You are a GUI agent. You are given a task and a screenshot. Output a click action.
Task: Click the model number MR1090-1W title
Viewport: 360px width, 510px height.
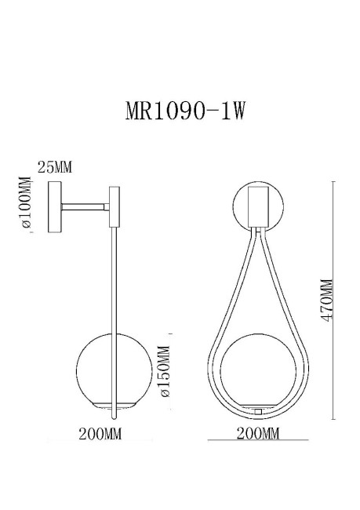click(186, 111)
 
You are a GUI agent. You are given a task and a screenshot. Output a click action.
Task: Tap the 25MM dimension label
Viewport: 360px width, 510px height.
click(55, 166)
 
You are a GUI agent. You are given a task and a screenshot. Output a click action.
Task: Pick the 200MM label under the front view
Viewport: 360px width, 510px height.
click(257, 434)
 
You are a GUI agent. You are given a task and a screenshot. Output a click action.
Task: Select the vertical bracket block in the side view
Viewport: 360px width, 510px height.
click(113, 206)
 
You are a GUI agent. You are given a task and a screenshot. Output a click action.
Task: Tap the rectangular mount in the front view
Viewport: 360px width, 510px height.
click(257, 206)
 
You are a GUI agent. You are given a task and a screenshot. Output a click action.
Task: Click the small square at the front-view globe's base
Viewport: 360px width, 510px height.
click(257, 410)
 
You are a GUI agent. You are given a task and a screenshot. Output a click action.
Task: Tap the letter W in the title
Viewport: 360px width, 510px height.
click(240, 111)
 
